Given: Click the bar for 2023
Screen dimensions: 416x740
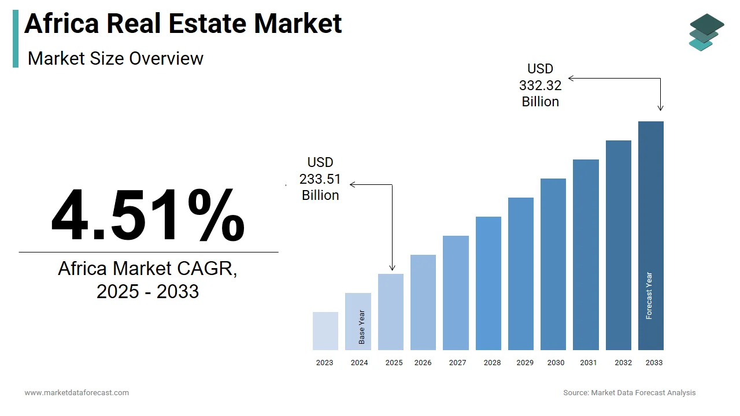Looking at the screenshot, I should pos(325,331).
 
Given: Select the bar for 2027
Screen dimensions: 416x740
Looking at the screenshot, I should pos(456,293).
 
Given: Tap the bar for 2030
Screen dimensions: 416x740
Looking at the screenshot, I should pos(553,264).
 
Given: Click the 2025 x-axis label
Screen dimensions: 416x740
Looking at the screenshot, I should pos(394,363).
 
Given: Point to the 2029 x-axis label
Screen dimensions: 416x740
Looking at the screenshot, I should pos(525,363).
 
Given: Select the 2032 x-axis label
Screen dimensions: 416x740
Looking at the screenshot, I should pos(623,363).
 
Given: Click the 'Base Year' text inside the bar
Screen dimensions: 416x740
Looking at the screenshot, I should pos(361,328).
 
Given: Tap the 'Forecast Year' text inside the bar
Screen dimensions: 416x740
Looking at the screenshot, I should pos(649,296).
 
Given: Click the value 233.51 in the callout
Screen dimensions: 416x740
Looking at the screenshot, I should pos(320,179).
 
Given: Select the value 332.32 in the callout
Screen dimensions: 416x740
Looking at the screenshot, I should pos(540,86).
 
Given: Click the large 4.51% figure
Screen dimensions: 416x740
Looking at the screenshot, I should pos(148,215).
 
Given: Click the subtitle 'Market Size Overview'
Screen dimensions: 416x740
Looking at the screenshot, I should pos(116,58).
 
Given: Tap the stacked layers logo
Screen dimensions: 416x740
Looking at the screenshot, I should pos(706,32).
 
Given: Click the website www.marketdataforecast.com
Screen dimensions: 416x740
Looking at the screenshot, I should pos(77,393).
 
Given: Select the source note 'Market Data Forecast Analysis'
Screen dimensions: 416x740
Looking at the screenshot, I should pos(643,393).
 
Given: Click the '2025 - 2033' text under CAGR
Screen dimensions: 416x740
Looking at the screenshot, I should pos(147,292).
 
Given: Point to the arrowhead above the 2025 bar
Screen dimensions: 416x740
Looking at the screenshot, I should pos(393,268).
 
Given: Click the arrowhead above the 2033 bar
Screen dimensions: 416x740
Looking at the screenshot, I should pos(660,108).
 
